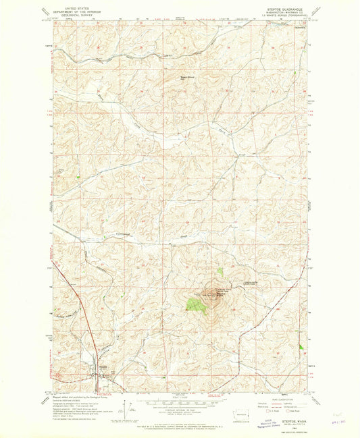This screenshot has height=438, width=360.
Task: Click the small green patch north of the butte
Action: (220, 272)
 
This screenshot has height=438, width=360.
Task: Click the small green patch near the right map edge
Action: (301, 346)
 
